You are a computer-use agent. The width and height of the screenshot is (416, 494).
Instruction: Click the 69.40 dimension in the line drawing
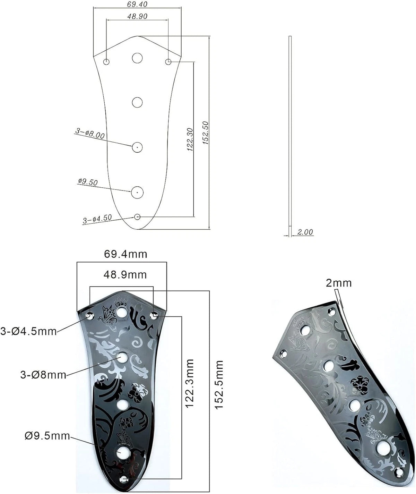tap(137, 4)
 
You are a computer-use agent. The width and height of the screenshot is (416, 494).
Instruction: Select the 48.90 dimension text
tap(137, 16)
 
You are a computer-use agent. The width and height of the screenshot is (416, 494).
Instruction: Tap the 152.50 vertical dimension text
tap(206, 133)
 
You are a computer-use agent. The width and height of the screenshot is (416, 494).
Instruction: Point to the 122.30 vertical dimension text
tap(190, 139)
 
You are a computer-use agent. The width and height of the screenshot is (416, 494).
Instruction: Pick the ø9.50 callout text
tap(88, 182)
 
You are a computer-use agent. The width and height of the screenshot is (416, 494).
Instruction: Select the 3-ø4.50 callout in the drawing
tap(97, 219)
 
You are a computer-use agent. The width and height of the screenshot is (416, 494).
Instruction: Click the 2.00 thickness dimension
tap(305, 232)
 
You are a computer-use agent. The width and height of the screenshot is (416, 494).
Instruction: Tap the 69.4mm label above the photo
tap(125, 254)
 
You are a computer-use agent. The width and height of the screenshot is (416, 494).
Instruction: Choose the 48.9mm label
tap(125, 275)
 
